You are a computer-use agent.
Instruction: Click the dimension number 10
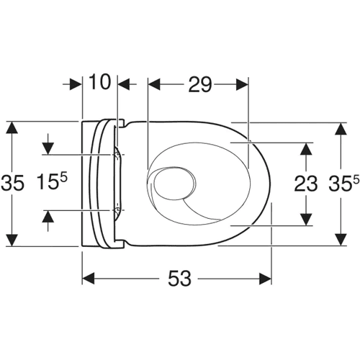(x=100, y=82)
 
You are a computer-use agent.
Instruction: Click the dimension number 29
(x=199, y=84)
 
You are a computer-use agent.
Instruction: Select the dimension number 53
(x=179, y=279)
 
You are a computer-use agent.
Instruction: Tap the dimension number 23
(x=305, y=184)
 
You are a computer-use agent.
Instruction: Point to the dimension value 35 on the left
(x=12, y=183)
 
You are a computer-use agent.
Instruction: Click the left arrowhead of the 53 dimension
(x=88, y=279)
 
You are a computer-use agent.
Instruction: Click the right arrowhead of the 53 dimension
(x=266, y=279)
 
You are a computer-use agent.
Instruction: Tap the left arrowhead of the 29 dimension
(x=154, y=84)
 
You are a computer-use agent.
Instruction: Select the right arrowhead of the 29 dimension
(x=242, y=84)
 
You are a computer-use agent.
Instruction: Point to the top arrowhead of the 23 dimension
(x=306, y=149)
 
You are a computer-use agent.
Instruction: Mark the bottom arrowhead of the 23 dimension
(x=306, y=220)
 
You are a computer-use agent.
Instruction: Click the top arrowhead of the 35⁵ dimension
(x=341, y=129)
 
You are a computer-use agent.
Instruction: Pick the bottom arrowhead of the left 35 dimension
(x=12, y=240)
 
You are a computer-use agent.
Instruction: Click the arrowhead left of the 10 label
(x=76, y=84)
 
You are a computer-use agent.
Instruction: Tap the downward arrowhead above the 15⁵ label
(x=48, y=148)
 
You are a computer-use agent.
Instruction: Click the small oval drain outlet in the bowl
(x=175, y=184)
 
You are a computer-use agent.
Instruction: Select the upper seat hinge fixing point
(x=117, y=155)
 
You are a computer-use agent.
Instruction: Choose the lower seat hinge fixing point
(x=117, y=210)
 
